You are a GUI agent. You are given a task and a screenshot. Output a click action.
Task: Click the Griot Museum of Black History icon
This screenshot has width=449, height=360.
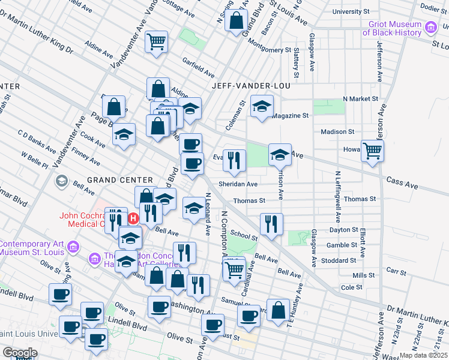pyautogui.click(x=430, y=28)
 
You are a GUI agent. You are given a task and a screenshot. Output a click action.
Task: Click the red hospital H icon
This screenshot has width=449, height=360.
pyautogui.click(x=134, y=217)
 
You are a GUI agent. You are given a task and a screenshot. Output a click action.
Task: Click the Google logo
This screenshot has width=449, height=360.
pyautogui.click(x=19, y=353)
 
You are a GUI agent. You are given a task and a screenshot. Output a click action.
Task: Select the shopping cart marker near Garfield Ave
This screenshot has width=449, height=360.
pyautogui.click(x=156, y=41)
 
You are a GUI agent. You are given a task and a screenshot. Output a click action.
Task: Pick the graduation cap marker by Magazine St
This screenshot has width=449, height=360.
pyautogui.click(x=261, y=106)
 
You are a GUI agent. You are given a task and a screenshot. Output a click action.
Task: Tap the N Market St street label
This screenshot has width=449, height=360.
pyautogui.click(x=360, y=98)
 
